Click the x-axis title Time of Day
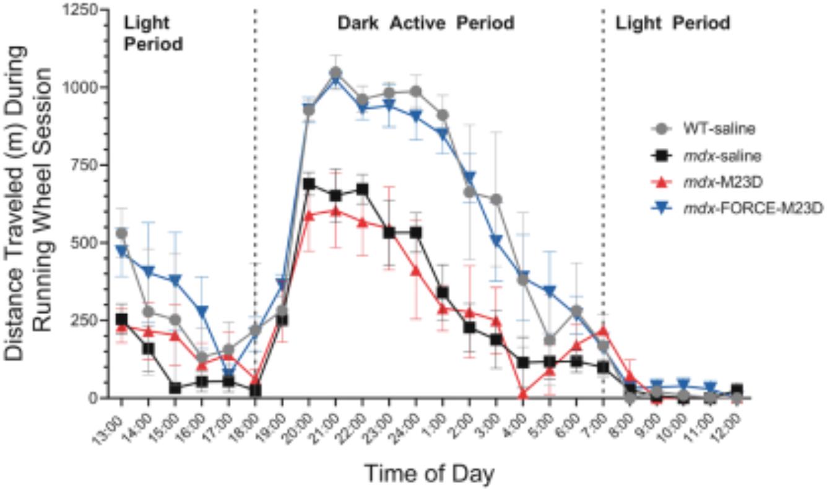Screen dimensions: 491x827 [x=429, y=474]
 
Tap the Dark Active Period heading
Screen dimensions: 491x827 [x=426, y=23]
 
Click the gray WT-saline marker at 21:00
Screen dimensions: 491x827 [x=336, y=73]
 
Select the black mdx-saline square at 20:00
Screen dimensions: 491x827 [x=309, y=184]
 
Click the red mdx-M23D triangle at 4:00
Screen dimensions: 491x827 [x=523, y=394]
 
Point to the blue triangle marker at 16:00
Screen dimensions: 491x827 [x=202, y=311]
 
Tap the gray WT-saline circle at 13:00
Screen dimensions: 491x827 [x=121, y=233]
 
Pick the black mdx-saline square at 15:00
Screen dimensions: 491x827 [x=175, y=388]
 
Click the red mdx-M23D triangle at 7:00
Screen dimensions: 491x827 [x=603, y=331]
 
